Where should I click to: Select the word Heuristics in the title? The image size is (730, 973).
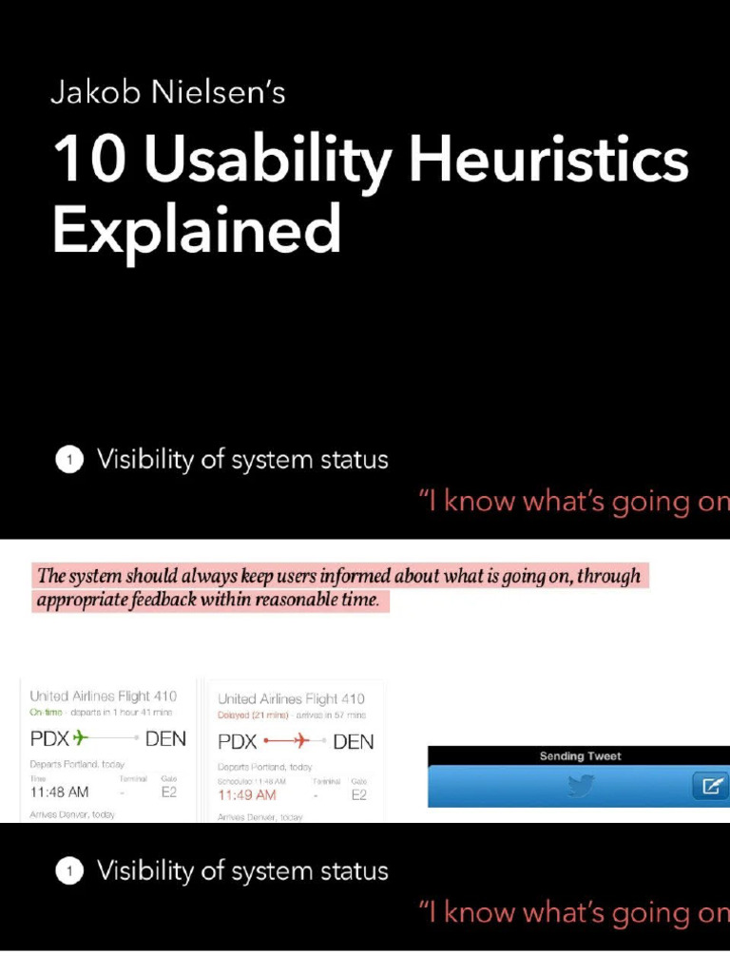pyautogui.click(x=548, y=160)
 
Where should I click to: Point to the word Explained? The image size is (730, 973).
pyautogui.click(x=196, y=230)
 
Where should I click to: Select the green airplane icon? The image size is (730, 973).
pyautogui.click(x=79, y=738)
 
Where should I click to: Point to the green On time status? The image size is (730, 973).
pyautogui.click(x=46, y=713)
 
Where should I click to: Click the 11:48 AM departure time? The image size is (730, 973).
pyautogui.click(x=59, y=792)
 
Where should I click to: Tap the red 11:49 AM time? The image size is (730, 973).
pyautogui.click(x=247, y=794)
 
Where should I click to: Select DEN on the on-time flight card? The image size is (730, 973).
pyautogui.click(x=165, y=738)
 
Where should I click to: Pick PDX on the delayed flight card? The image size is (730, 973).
pyautogui.click(x=238, y=741)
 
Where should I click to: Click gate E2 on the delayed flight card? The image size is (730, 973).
pyautogui.click(x=358, y=794)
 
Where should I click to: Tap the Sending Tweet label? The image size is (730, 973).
pyautogui.click(x=580, y=756)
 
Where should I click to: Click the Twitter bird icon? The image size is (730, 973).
pyautogui.click(x=581, y=786)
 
